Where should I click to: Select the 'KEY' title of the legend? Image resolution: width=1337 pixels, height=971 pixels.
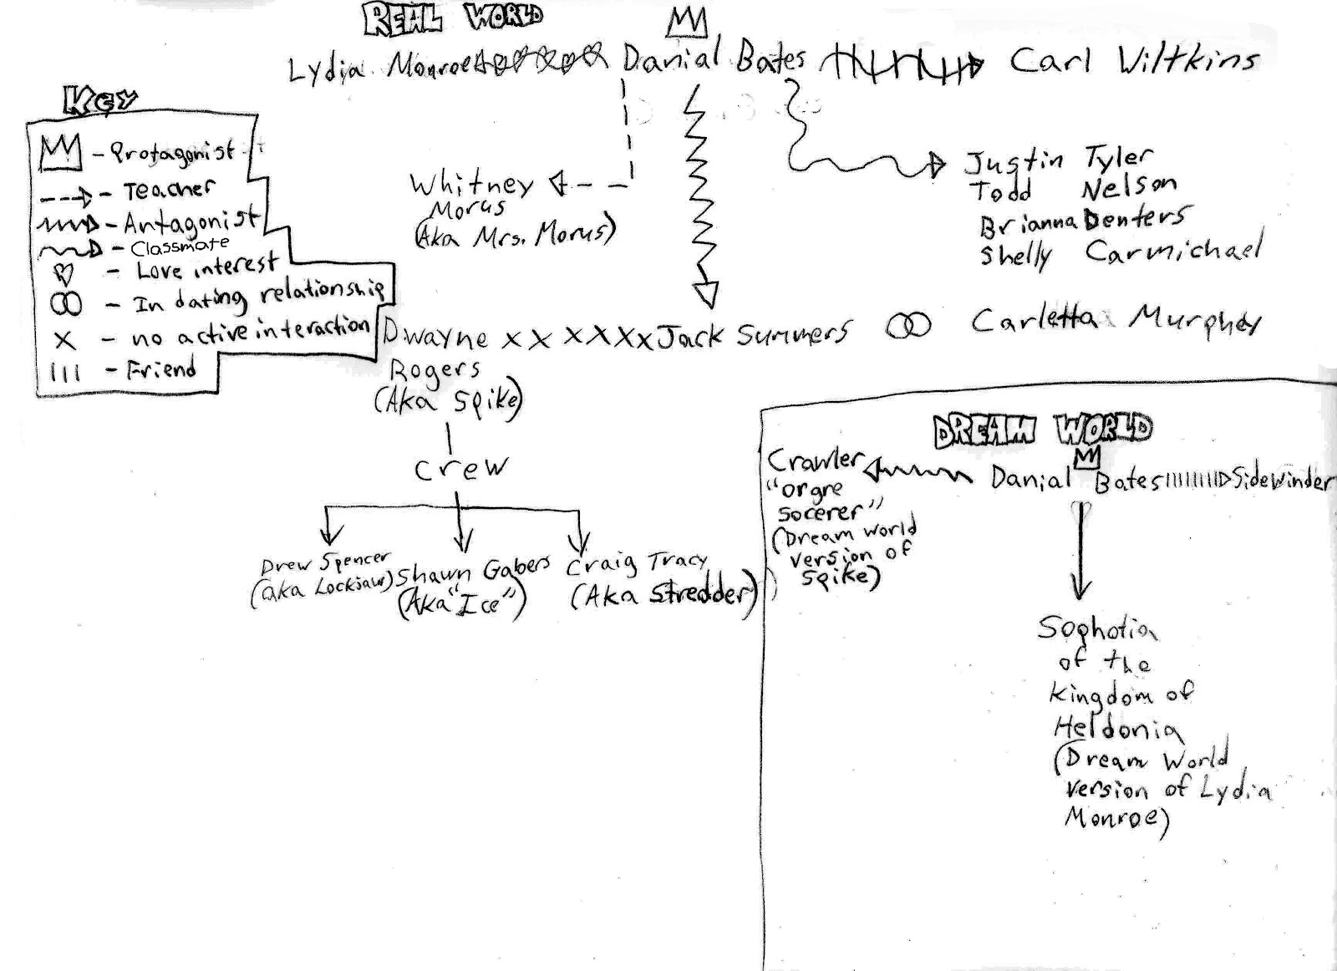100,101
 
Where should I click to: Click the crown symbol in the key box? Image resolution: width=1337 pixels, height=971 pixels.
60,153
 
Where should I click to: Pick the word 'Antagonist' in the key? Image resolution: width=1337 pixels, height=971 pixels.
191,221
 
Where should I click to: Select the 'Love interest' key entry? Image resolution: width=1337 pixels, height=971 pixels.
206,267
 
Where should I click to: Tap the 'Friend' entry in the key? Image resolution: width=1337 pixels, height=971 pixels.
160,369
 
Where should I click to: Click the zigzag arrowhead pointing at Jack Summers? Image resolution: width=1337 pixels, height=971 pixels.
706,294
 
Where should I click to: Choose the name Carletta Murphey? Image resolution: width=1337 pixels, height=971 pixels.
1116,320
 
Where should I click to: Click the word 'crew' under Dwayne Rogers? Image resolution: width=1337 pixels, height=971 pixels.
460,468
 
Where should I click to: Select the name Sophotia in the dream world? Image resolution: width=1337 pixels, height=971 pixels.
1096,628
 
